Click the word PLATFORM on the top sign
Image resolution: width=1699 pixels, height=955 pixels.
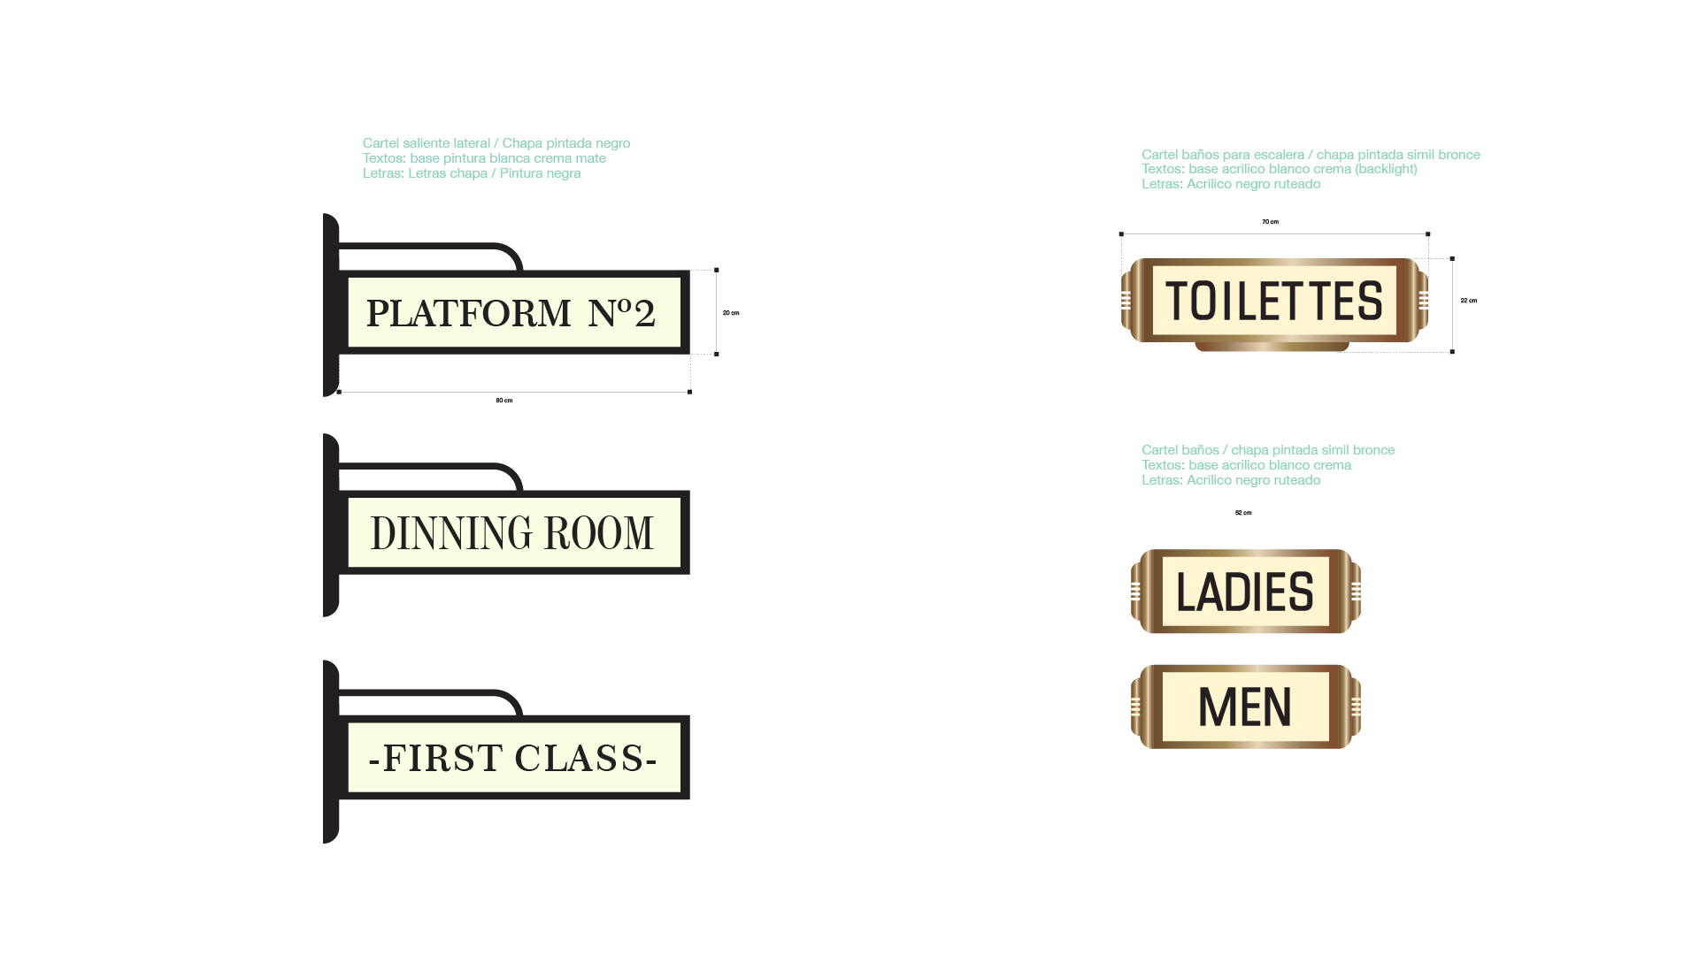pyautogui.click(x=468, y=314)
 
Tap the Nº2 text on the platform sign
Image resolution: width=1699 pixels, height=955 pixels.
pyautogui.click(x=621, y=313)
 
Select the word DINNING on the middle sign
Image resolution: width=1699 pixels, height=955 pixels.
pyautogui.click(x=451, y=533)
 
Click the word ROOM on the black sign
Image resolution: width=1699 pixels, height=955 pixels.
pyautogui.click(x=598, y=533)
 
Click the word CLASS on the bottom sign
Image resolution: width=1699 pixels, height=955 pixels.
pyautogui.click(x=579, y=759)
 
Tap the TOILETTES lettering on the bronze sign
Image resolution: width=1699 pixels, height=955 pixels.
pyautogui.click(x=1273, y=302)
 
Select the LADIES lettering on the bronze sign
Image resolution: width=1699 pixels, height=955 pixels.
pyautogui.click(x=1244, y=592)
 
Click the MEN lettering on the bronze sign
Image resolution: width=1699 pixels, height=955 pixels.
pyautogui.click(x=1244, y=707)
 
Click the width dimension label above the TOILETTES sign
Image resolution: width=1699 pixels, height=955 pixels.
pyautogui.click(x=1270, y=222)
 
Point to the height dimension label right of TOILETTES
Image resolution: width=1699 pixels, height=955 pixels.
pyautogui.click(x=1468, y=301)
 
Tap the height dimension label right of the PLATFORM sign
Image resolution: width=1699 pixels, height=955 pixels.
pyautogui.click(x=731, y=313)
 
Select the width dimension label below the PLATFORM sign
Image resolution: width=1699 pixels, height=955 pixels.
pyautogui.click(x=504, y=401)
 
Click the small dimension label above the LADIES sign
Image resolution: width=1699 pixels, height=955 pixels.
pyautogui.click(x=1243, y=513)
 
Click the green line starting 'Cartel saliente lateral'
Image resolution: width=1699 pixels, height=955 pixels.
pyautogui.click(x=496, y=143)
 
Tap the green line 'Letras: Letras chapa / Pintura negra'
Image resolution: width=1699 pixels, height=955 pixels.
pyautogui.click(x=472, y=173)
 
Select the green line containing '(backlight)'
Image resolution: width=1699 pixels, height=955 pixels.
pyautogui.click(x=1279, y=169)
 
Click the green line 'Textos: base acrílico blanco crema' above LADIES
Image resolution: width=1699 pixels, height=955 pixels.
pyautogui.click(x=1246, y=465)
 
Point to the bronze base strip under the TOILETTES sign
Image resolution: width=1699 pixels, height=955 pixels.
pyautogui.click(x=1272, y=347)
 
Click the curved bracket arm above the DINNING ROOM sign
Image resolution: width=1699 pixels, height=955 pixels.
pyautogui.click(x=442, y=466)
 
